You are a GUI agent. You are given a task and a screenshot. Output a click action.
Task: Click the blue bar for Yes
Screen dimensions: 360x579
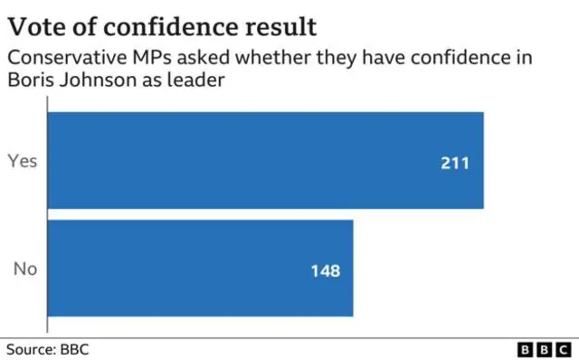pos(264,161)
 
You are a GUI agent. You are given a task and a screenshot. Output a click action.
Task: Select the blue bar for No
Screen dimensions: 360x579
pos(199,269)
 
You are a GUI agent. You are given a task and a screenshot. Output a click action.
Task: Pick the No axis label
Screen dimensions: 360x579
pos(24,269)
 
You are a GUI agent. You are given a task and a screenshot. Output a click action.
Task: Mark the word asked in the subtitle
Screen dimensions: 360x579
pos(194,59)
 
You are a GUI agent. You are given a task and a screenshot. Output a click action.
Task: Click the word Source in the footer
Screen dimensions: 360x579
pos(30,348)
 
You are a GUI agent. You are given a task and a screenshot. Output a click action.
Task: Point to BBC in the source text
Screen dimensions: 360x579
pos(74,348)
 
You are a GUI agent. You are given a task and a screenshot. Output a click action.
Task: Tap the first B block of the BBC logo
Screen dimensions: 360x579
pos(526,349)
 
